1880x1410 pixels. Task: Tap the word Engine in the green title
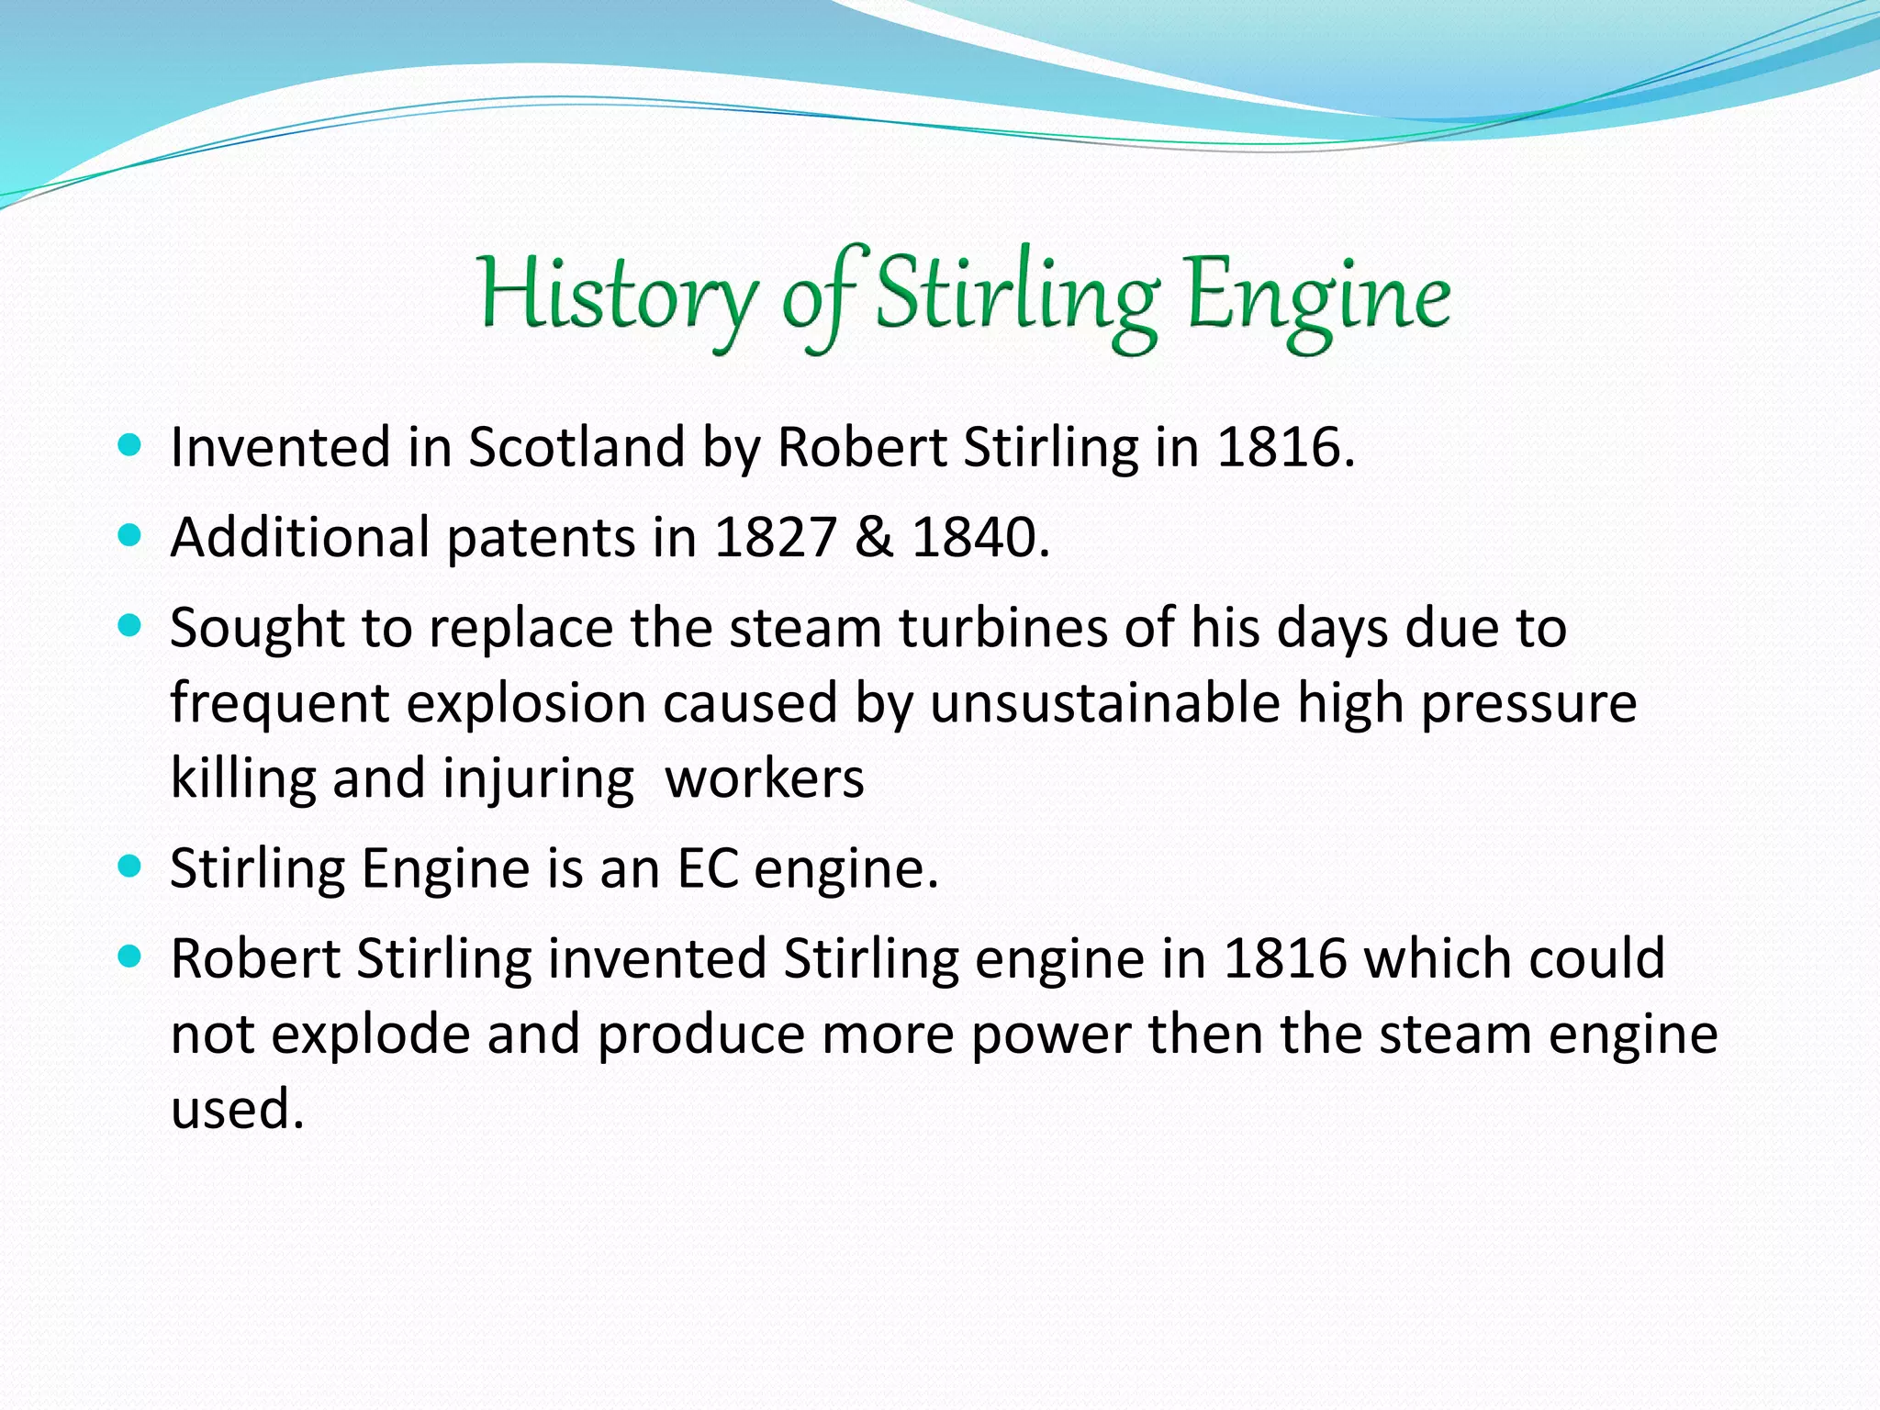pos(1318,299)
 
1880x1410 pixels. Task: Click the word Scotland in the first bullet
pos(576,448)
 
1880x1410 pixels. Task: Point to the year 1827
pos(775,538)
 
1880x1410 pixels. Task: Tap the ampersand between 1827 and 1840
pos(874,538)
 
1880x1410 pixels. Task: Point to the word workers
pos(764,779)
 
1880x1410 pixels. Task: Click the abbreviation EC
pos(708,868)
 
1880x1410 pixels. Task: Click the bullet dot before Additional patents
pos(130,536)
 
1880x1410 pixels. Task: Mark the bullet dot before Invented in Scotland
pos(130,446)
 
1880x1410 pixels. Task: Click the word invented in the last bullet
pos(657,959)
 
